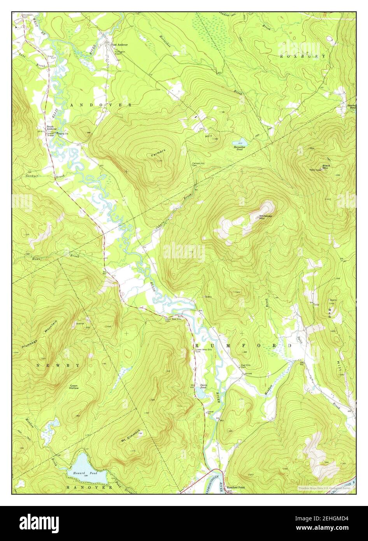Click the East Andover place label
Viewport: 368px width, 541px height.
pyautogui.click(x=119, y=45)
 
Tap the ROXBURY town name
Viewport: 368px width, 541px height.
pyautogui.click(x=303, y=56)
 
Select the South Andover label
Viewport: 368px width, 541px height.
pyautogui.click(x=52, y=128)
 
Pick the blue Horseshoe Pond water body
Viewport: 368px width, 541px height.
pyautogui.click(x=240, y=142)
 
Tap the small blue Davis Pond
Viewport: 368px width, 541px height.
pyautogui.click(x=201, y=394)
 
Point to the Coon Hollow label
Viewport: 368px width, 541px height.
pyautogui.click(x=74, y=386)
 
